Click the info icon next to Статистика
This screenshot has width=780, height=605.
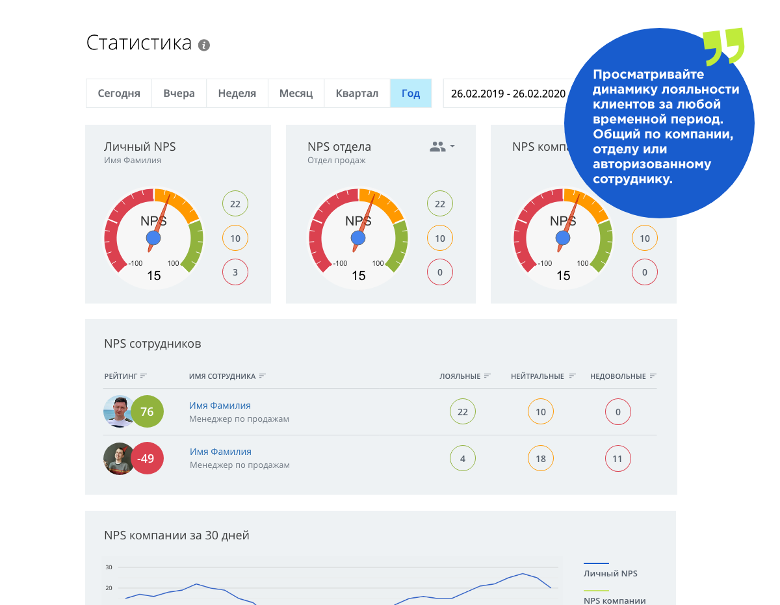(204, 45)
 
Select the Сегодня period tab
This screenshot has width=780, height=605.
(119, 93)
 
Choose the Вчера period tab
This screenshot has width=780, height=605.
(179, 93)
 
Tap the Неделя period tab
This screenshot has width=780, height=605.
(237, 93)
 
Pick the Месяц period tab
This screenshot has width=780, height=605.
(296, 93)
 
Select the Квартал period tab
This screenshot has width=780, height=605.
(357, 93)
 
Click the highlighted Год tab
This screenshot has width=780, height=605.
(410, 93)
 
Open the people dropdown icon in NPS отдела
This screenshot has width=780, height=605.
(442, 147)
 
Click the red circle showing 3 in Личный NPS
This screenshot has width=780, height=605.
(235, 272)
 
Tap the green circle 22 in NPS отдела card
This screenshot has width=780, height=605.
(440, 204)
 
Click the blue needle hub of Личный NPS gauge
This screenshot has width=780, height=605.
(153, 238)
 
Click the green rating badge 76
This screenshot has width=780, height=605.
(147, 411)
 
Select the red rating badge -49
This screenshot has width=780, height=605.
(147, 459)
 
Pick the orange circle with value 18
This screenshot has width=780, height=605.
(540, 459)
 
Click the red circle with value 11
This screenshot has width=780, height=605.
(617, 459)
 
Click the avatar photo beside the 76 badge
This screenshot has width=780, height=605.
(118, 411)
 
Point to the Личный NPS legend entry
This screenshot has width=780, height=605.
(610, 573)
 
